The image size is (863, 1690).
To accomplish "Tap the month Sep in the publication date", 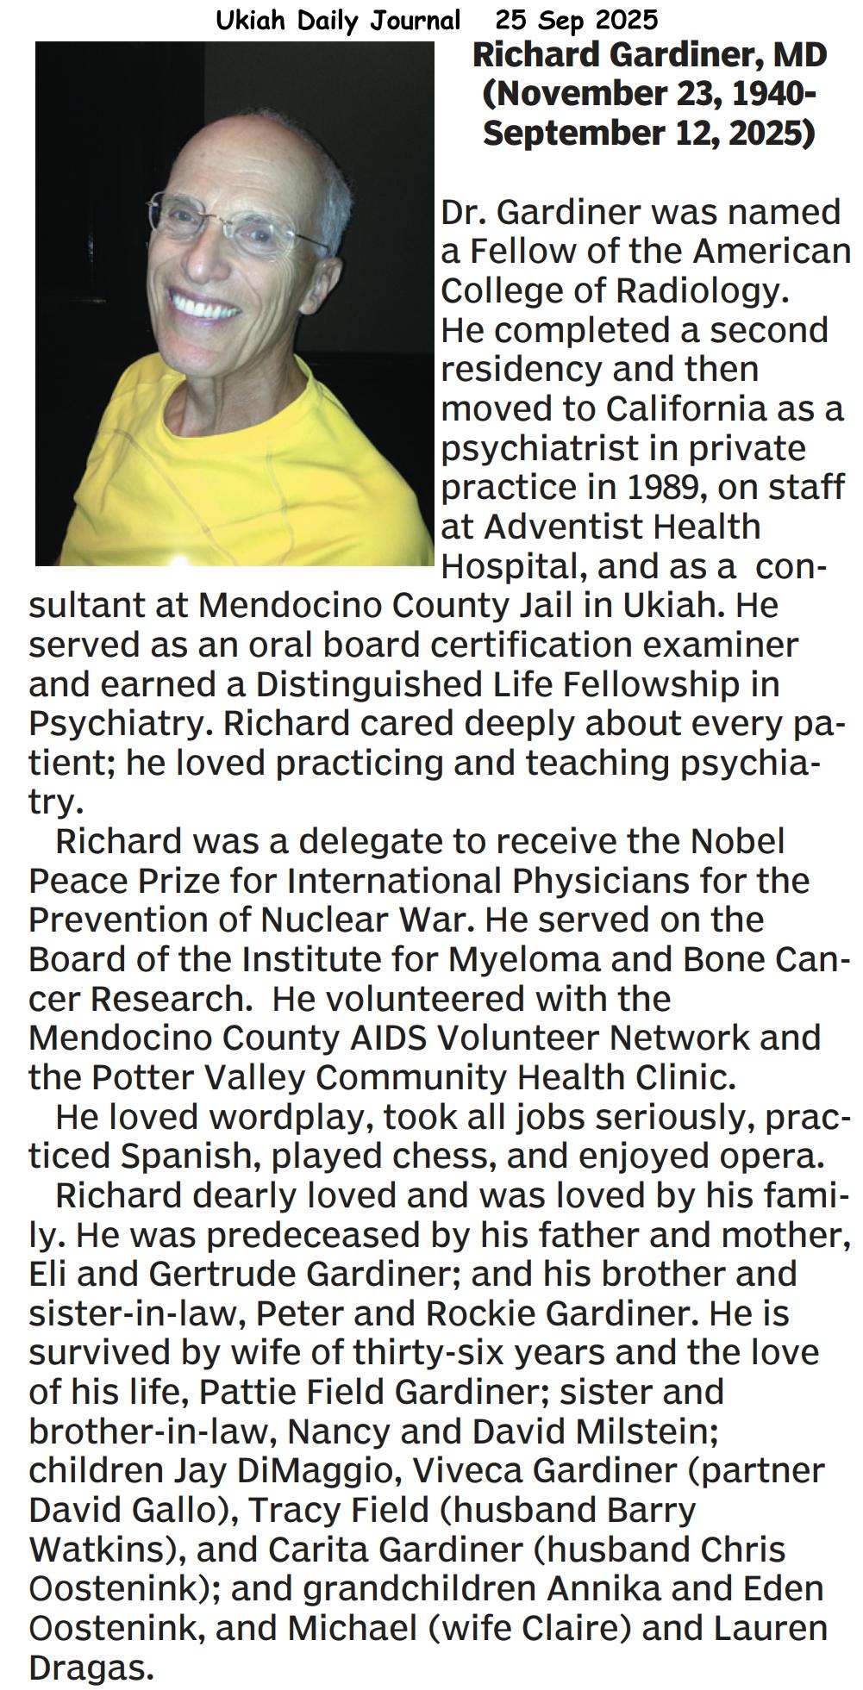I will tap(561, 20).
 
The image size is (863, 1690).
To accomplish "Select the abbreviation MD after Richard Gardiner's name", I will tap(799, 56).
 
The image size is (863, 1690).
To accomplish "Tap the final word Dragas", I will tap(90, 1668).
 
